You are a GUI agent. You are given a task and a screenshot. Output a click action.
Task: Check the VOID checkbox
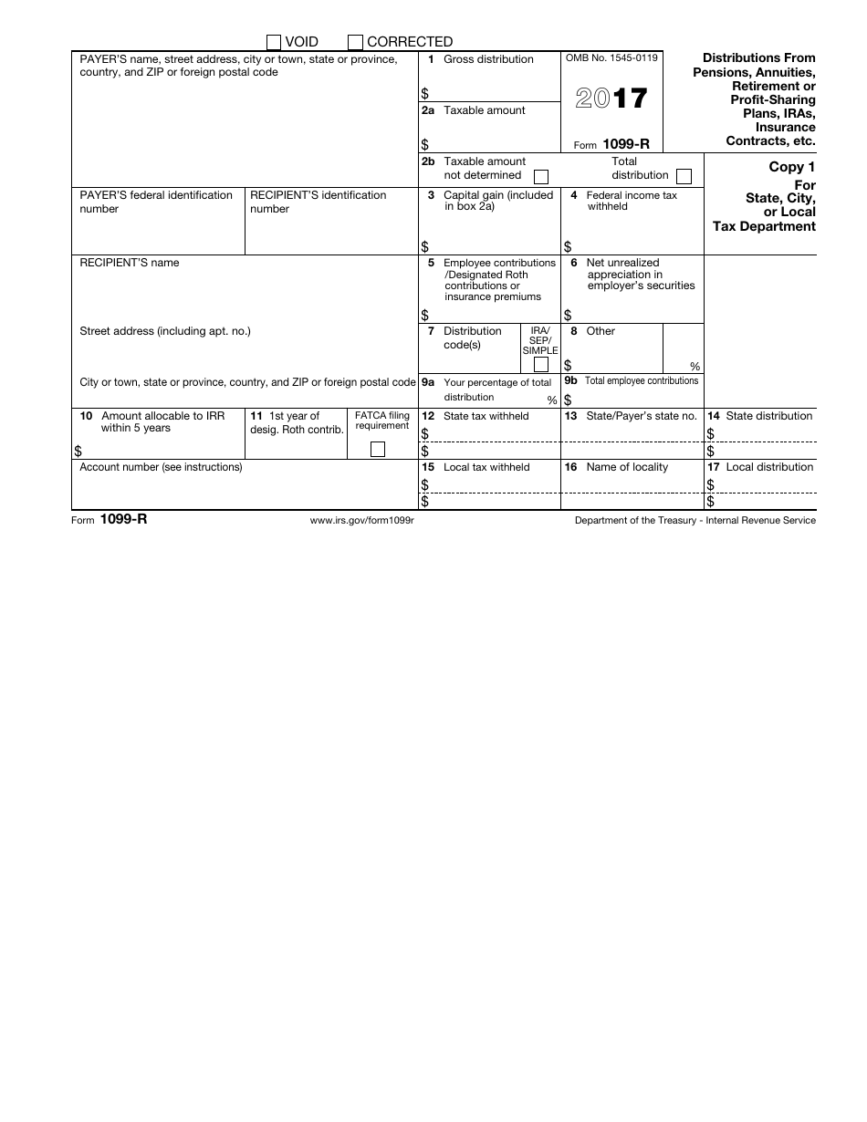274,42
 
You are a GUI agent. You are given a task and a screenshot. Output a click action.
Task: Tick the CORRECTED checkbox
356,42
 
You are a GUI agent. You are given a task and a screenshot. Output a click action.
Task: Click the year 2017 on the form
611,99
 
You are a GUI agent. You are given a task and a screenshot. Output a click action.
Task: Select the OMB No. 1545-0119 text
611,58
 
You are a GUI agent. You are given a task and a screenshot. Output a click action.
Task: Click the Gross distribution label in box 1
488,59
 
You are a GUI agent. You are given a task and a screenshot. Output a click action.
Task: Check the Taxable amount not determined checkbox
541,176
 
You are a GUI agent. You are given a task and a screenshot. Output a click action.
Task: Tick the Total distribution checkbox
684,176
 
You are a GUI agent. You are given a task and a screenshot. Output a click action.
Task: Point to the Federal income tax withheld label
632,201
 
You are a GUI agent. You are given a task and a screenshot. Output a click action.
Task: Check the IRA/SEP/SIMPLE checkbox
541,365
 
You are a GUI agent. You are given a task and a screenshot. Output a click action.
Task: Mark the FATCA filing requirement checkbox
378,449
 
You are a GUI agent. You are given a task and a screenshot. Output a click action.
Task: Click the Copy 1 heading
786,167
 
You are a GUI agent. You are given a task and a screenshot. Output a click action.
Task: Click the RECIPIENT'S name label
130,263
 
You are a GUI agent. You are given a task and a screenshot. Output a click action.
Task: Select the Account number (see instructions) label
162,467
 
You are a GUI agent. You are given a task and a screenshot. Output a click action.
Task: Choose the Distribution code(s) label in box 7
473,338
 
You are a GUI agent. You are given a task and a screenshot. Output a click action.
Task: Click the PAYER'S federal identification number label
156,202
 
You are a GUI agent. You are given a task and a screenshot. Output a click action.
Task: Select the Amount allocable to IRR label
162,421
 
